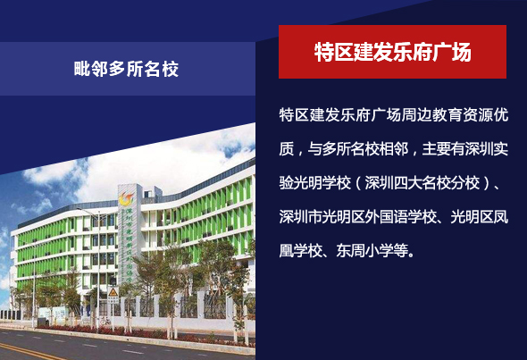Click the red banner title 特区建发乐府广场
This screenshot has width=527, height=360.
pos(392,52)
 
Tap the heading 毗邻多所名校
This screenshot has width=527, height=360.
pos(126,69)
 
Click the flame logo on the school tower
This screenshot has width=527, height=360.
pos(126,198)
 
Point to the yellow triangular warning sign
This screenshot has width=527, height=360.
pos(113,292)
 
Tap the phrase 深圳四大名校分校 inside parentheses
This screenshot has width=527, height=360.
pos(422,183)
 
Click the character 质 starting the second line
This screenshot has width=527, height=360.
pos(287,149)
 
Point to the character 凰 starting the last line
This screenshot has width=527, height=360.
pos(287,251)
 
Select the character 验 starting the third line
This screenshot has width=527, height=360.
pos(287,183)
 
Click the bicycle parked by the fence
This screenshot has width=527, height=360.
pos(105,321)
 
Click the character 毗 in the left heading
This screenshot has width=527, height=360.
pos(82,70)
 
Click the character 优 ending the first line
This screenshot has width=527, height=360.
pos(501,115)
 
